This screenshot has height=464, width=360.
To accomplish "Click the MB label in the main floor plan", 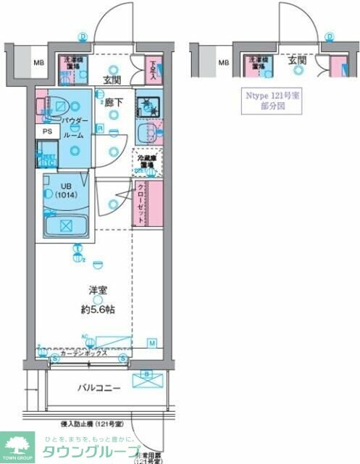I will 38,62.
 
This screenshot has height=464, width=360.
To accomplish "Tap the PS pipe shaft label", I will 47,131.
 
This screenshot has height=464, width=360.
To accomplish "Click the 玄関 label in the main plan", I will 112,80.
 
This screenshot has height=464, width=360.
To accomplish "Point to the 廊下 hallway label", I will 114,102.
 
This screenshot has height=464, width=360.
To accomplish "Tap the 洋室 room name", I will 99,290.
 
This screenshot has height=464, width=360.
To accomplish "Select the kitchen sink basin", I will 148,133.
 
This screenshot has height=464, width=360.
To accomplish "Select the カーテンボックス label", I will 84,352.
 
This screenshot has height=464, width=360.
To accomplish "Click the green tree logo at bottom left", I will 20,443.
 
